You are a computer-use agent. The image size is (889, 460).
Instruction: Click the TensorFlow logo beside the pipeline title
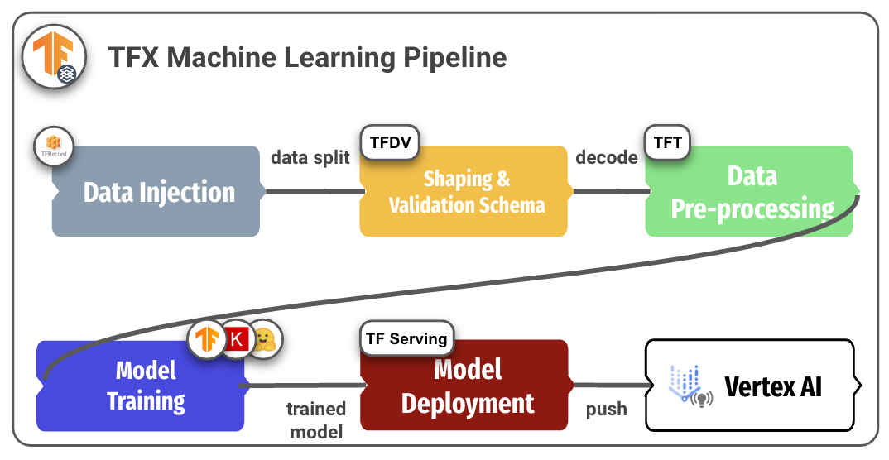(54, 56)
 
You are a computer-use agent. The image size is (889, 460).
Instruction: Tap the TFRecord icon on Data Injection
(54, 146)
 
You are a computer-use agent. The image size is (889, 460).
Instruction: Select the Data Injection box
(157, 191)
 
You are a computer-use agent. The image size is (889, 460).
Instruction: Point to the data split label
(310, 157)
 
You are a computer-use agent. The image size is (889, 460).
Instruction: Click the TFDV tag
(390, 142)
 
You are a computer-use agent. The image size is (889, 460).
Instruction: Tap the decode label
(607, 157)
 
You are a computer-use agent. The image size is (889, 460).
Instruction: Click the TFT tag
(667, 142)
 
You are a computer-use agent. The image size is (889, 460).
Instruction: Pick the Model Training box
(142, 386)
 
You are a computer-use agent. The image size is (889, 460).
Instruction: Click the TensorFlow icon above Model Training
(207, 340)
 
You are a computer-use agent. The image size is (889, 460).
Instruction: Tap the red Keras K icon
(237, 340)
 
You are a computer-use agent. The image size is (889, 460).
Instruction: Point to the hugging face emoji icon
(264, 340)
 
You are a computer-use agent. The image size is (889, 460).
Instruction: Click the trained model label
(316, 420)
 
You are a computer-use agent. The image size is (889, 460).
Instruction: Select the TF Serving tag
(407, 338)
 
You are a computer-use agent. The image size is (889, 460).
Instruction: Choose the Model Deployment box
(466, 386)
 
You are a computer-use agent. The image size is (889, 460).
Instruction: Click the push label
(607, 409)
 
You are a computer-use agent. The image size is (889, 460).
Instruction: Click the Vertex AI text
(773, 387)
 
